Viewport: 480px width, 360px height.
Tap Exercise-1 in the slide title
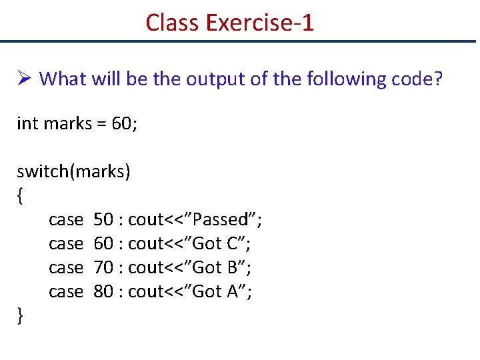[x=260, y=23]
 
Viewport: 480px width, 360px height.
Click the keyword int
[x=27, y=123]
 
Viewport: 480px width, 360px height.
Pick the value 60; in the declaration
[x=124, y=123]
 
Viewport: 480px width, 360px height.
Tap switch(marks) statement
[x=74, y=172]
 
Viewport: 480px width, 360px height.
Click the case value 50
[x=103, y=219]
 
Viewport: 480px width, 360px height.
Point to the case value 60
[x=103, y=243]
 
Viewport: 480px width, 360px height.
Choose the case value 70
[x=103, y=267]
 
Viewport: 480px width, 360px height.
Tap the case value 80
[x=103, y=291]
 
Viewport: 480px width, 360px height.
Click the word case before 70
[x=66, y=267]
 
